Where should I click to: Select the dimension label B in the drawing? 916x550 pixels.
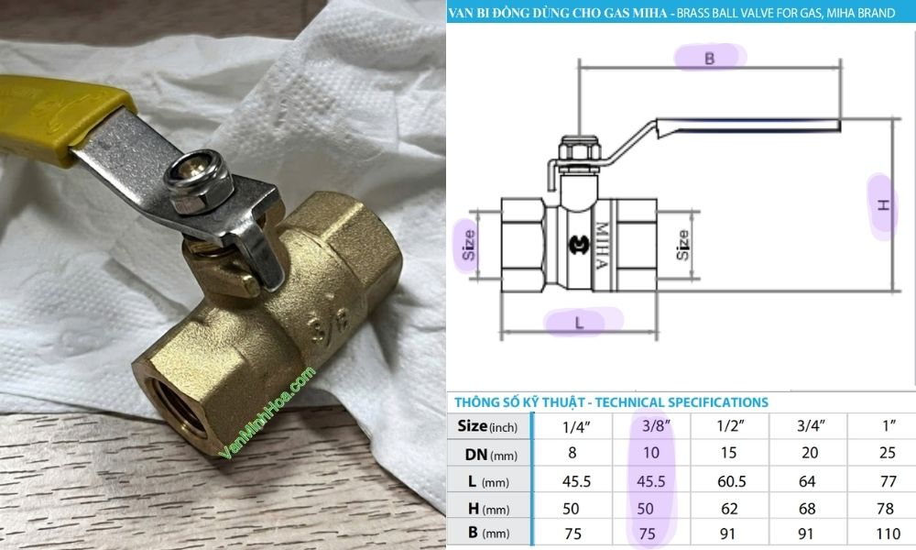pyautogui.click(x=710, y=58)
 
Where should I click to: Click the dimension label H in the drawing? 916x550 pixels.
pyautogui.click(x=883, y=205)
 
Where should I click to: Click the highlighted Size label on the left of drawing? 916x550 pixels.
pyautogui.click(x=469, y=245)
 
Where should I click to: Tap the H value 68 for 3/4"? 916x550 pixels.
pyautogui.click(x=809, y=509)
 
